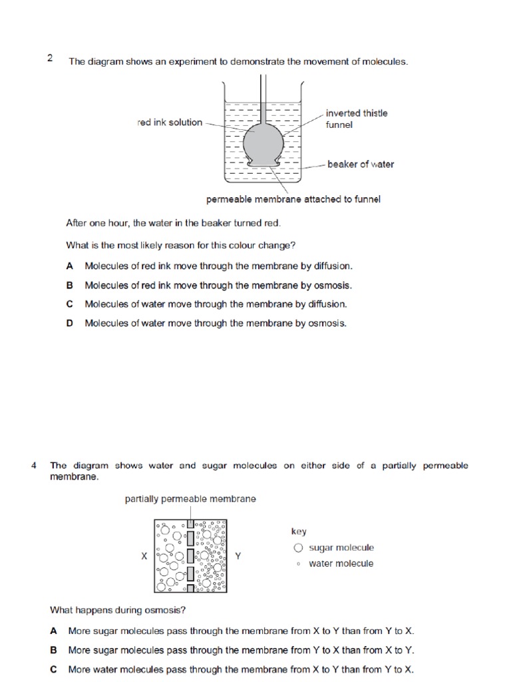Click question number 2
pyautogui.click(x=50, y=58)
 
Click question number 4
pyautogui.click(x=33, y=466)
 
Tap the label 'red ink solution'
pyautogui.click(x=169, y=123)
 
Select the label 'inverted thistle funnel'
pyautogui.click(x=356, y=119)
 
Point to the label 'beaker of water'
pyautogui.click(x=360, y=164)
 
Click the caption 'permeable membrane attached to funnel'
pyautogui.click(x=293, y=199)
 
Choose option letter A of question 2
pyautogui.click(x=70, y=266)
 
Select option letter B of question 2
pyautogui.click(x=70, y=285)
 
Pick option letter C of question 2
pyautogui.click(x=70, y=304)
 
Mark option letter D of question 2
pyautogui.click(x=70, y=324)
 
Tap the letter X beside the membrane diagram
pyautogui.click(x=144, y=556)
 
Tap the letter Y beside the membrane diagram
pyautogui.click(x=238, y=556)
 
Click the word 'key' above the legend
pyautogui.click(x=299, y=531)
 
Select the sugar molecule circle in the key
pyautogui.click(x=298, y=548)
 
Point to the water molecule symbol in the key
pyautogui.click(x=298, y=564)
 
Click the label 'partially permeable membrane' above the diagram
pyautogui.click(x=190, y=499)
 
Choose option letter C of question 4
pyautogui.click(x=53, y=669)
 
